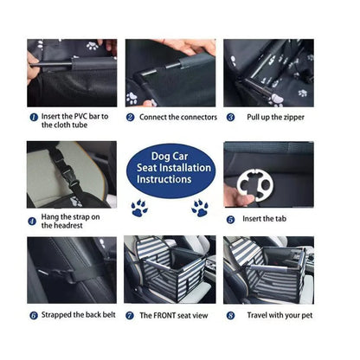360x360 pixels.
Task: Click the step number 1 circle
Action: [x=33, y=117]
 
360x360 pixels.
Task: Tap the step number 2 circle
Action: [x=131, y=117]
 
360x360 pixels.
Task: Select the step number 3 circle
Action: [x=231, y=117]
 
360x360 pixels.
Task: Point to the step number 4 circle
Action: [x=32, y=221]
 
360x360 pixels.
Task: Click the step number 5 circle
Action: [x=231, y=220]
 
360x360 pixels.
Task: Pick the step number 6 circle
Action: [x=33, y=316]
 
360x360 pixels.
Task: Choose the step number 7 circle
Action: [x=131, y=316]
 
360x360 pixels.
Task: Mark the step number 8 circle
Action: [x=231, y=316]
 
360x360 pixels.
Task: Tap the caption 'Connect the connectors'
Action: [x=172, y=117]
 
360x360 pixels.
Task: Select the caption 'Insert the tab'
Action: [x=265, y=220]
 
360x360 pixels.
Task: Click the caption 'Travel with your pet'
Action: [x=279, y=316]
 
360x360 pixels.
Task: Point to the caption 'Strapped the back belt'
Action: [x=77, y=316]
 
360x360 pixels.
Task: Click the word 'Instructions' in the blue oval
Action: [x=164, y=179]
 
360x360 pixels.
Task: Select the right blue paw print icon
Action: [x=200, y=208]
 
